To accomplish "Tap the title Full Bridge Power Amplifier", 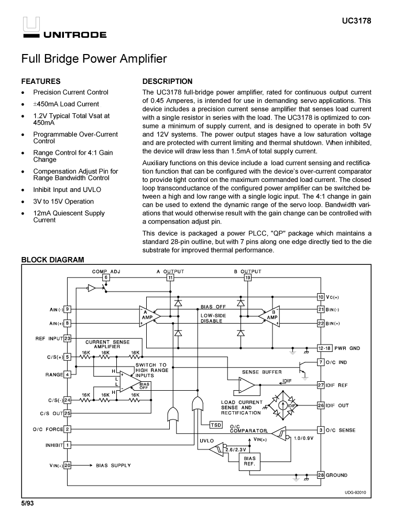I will click(94, 59).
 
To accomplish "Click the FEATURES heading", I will click(40, 81).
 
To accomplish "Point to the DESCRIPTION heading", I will click(168, 81).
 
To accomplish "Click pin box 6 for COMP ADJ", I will click(106, 277).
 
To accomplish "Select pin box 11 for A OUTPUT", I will click(170, 277).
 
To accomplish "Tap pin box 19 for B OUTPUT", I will click(247, 277).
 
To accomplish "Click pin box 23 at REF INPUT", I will click(67, 338).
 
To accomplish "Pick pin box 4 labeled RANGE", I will click(67, 374).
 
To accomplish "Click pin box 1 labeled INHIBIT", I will click(67, 445).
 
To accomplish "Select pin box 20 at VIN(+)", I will click(67, 465).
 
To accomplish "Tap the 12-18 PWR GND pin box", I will click(323, 348).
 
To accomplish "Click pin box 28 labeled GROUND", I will click(321, 475).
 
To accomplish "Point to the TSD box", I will click(215, 424).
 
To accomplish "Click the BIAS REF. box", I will click(249, 461).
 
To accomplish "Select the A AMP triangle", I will click(147, 316).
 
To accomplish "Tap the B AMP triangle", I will click(270, 316).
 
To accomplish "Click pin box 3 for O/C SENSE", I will click(321, 430).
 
